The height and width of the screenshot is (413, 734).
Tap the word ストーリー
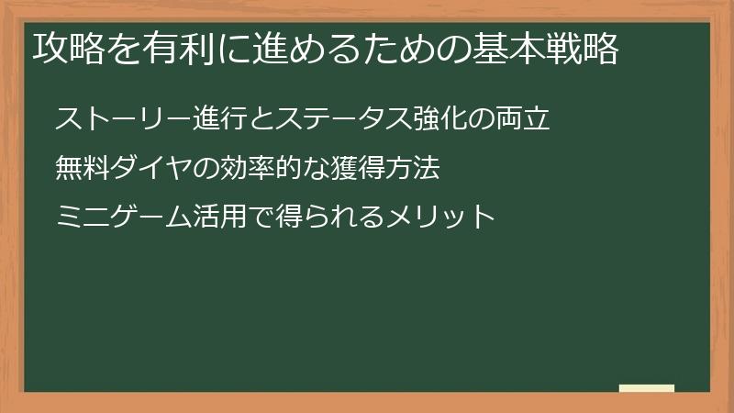point(111,119)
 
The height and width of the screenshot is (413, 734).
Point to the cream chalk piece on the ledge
point(647,389)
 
